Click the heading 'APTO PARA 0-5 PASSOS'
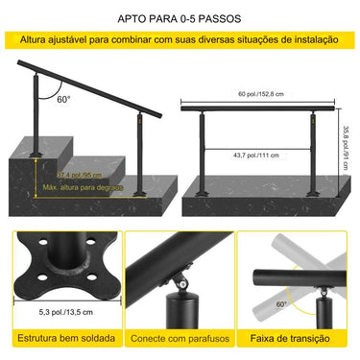pos(180,17)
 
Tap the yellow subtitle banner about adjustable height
pos(180,40)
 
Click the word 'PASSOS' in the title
pos(220,17)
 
